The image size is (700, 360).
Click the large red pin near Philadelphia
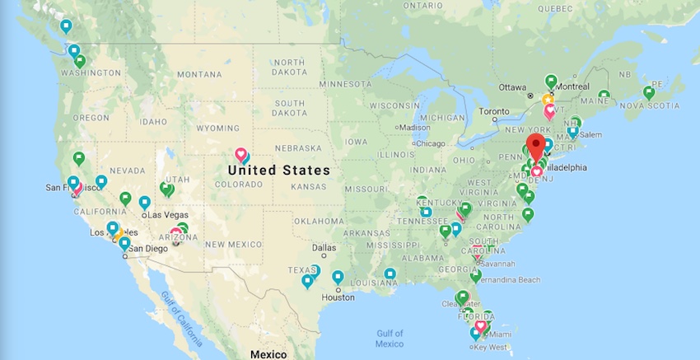coord(536,147)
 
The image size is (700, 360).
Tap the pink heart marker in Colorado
coord(241,154)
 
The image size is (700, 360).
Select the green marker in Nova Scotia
coord(649,92)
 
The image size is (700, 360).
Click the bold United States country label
coord(278,171)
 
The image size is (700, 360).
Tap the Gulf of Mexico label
coord(390,338)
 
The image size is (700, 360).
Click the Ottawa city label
coord(511,86)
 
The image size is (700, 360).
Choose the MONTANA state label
coord(199,74)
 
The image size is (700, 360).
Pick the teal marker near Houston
coord(338,277)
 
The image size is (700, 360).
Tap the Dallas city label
coord(324,247)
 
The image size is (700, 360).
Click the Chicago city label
coord(429,143)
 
